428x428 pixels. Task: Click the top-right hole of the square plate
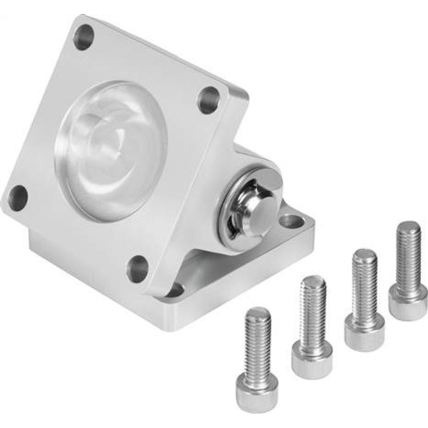(x=209, y=100)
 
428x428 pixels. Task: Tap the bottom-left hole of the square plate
(x=18, y=198)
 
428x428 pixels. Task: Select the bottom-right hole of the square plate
(x=137, y=269)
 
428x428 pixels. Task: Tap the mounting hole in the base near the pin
(x=291, y=221)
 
